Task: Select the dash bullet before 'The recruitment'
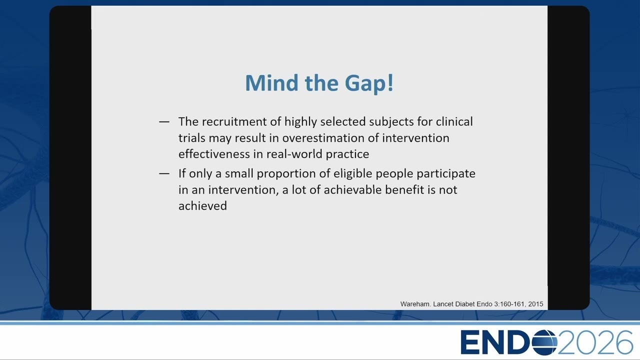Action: [164, 122]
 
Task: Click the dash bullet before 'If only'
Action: [164, 173]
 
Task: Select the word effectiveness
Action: [214, 154]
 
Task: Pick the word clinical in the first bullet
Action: [454, 121]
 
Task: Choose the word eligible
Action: [353, 174]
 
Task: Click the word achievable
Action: [352, 189]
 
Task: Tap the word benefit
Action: [404, 189]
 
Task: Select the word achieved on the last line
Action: [202, 206]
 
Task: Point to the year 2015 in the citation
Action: [535, 304]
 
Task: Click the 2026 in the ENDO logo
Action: [595, 342]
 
